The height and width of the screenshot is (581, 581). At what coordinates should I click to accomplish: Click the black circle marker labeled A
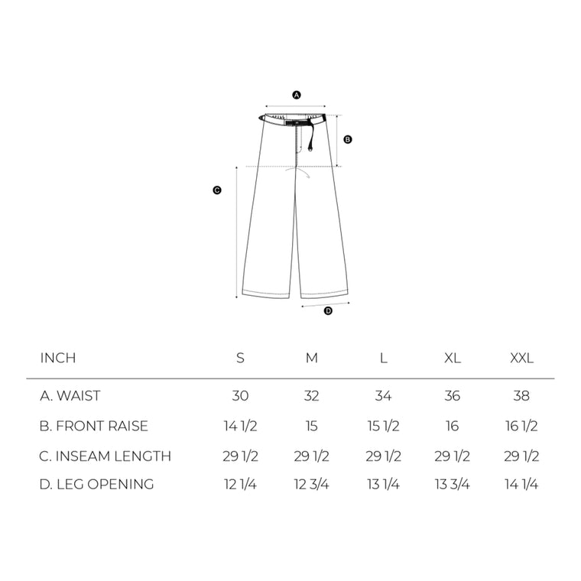[x=297, y=95]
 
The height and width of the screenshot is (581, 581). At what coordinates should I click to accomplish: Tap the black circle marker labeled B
[x=348, y=140]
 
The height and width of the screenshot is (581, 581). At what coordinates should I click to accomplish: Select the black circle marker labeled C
[x=217, y=190]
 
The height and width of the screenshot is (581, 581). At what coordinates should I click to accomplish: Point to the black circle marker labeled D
[x=329, y=310]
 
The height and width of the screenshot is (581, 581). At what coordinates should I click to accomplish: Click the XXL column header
[x=522, y=359]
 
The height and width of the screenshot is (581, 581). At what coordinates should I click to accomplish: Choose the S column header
[x=240, y=359]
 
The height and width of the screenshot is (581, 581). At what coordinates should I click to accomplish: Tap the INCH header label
[x=58, y=359]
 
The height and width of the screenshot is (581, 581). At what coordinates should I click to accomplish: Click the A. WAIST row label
[x=70, y=396]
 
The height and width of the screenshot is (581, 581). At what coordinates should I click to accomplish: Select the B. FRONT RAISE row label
[x=94, y=426]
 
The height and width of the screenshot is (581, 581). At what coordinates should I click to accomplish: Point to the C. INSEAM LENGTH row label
[x=105, y=456]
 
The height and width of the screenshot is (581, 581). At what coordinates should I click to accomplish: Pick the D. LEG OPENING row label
[x=97, y=484]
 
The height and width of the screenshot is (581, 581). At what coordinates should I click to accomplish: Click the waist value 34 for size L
[x=383, y=396]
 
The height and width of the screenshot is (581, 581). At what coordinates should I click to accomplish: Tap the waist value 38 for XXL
[x=522, y=396]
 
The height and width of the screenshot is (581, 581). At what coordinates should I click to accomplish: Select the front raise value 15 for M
[x=311, y=426]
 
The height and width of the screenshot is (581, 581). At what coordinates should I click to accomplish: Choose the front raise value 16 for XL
[x=453, y=426]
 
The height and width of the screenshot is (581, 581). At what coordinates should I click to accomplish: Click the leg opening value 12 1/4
[x=240, y=484]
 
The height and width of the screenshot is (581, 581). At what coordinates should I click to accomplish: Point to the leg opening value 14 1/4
[x=522, y=484]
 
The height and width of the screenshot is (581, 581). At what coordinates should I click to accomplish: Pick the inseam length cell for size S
[x=240, y=456]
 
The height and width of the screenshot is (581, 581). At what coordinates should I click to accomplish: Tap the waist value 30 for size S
[x=240, y=396]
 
